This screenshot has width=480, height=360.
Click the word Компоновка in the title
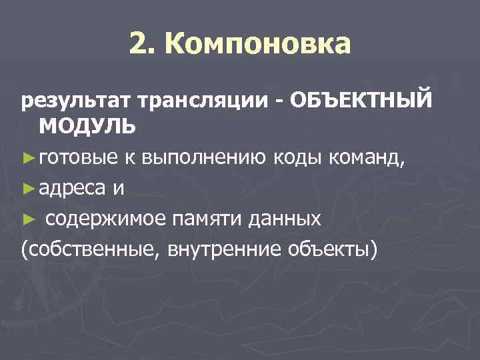[257, 45]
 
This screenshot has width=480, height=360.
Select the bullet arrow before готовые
[29, 157]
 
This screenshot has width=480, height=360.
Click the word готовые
[77, 157]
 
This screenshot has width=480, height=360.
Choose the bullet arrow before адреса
[29, 189]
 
